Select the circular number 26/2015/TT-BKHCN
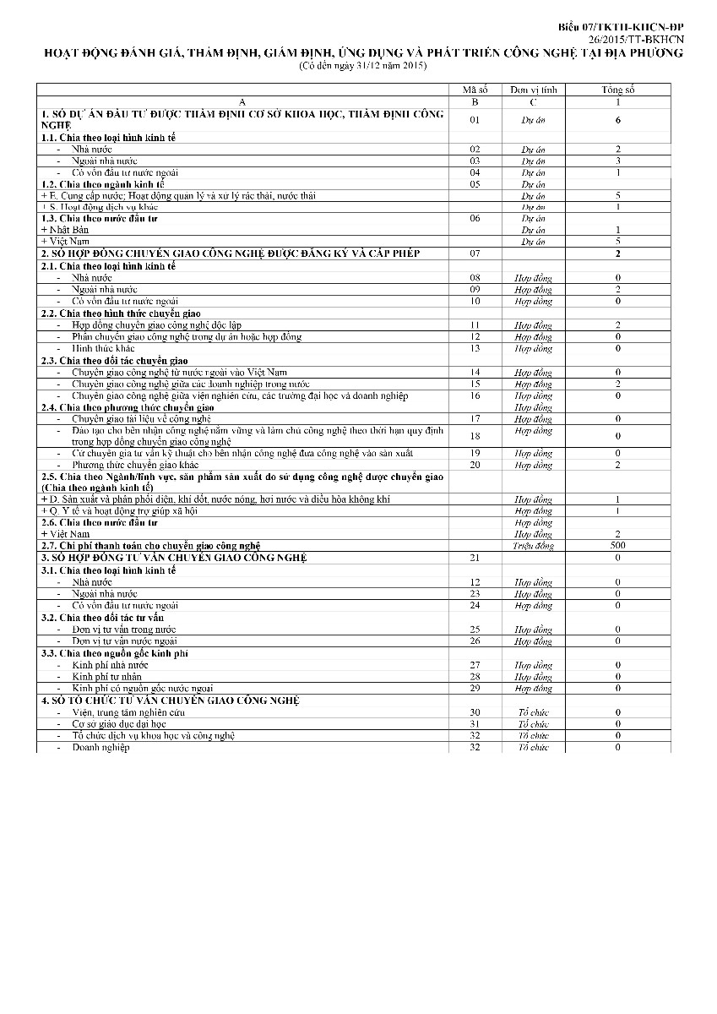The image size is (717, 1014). (x=638, y=40)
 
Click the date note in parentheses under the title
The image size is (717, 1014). (x=363, y=66)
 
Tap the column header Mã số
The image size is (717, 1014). (x=475, y=90)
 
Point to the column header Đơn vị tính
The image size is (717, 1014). (x=534, y=90)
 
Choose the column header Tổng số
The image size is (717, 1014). (x=618, y=90)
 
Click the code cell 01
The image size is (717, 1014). (x=475, y=120)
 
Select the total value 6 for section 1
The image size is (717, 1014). (x=618, y=120)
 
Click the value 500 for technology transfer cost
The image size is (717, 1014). (x=618, y=546)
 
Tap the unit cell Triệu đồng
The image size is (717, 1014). (x=534, y=546)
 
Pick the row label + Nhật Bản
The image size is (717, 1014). (x=65, y=230)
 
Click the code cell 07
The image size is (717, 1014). (x=475, y=253)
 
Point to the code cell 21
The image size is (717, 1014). (x=475, y=558)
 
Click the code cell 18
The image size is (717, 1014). (x=475, y=436)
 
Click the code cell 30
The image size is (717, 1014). (x=475, y=712)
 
